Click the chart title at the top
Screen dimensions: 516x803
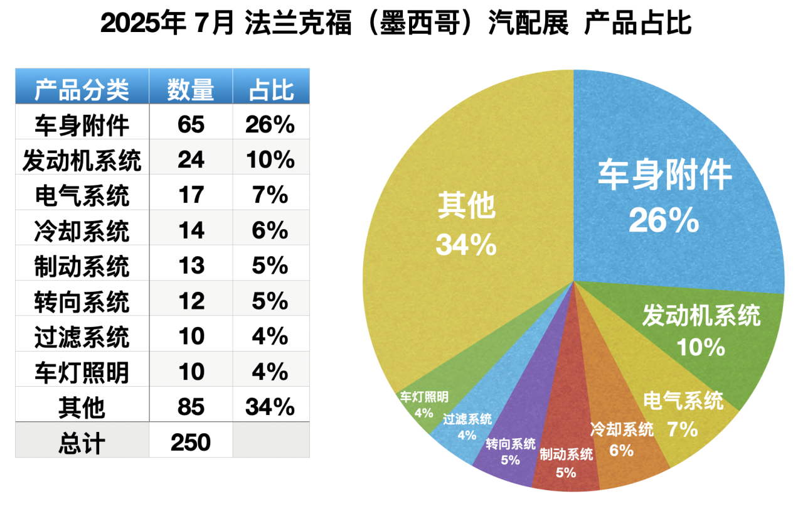point(396,24)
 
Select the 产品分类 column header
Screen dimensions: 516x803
point(82,90)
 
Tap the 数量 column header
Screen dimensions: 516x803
point(191,90)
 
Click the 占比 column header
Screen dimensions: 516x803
point(271,90)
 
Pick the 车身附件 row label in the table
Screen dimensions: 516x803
point(82,125)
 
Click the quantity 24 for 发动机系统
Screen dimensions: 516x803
point(191,160)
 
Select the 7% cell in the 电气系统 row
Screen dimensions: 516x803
point(271,195)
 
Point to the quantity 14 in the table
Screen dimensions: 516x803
point(191,230)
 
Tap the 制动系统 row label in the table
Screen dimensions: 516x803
point(82,266)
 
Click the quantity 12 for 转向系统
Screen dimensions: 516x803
point(191,301)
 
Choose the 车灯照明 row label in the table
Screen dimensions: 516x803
point(82,372)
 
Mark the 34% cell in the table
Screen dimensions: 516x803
point(271,407)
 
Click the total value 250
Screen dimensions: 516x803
point(191,443)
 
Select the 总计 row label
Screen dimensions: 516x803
point(82,443)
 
